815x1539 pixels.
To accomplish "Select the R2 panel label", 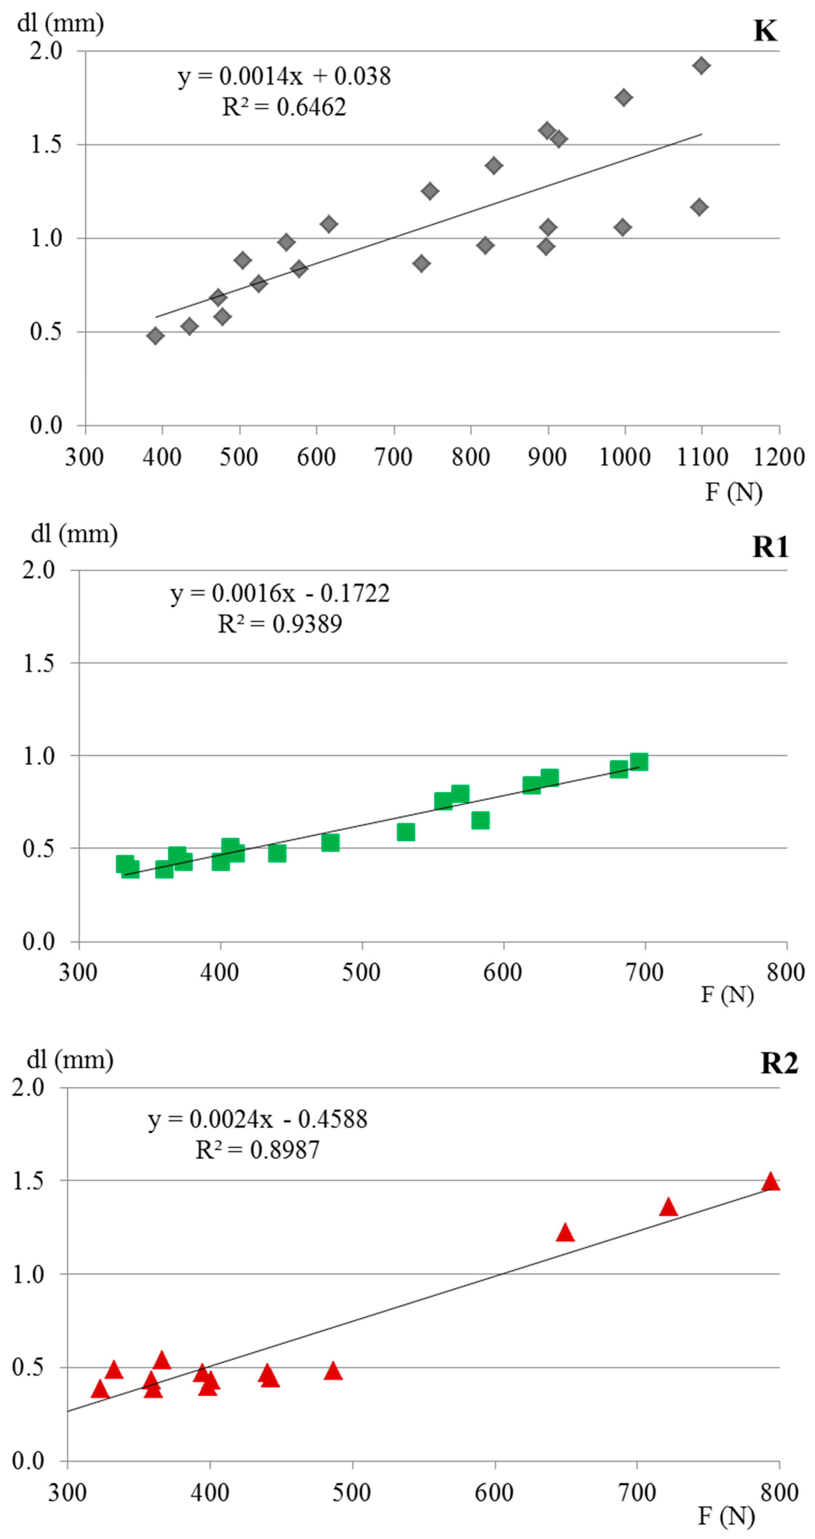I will coord(779,1064).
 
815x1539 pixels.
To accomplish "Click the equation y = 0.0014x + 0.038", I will coord(284,76).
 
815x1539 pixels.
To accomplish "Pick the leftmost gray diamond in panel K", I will coord(155,336).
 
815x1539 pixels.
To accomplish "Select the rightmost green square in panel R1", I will coord(639,762).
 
